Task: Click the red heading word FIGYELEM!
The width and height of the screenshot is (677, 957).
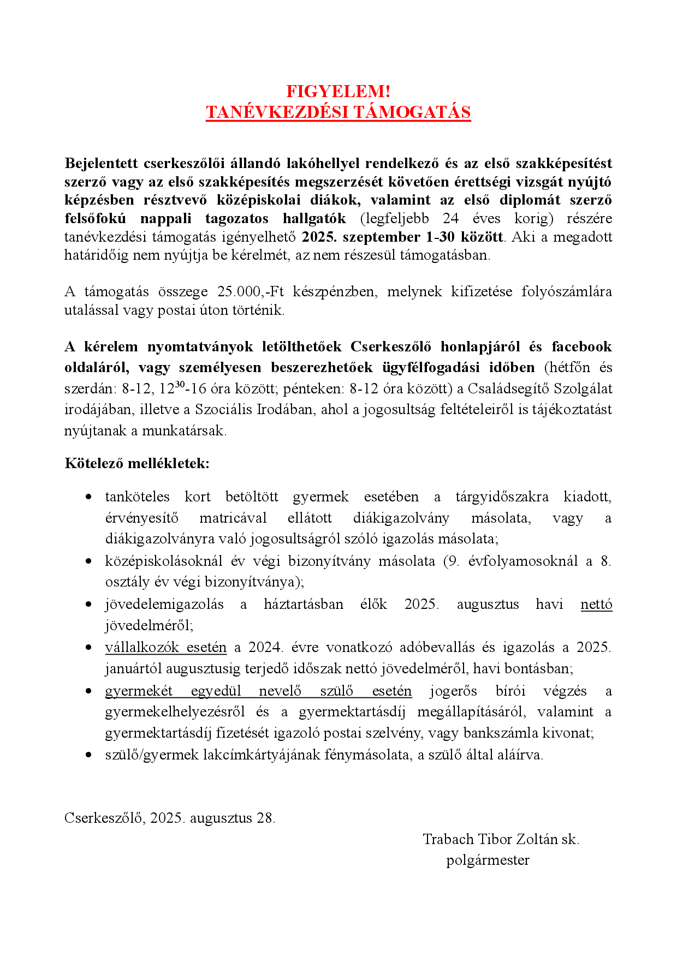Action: [x=338, y=91]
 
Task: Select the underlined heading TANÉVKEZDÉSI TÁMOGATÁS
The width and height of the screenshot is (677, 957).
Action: [x=338, y=112]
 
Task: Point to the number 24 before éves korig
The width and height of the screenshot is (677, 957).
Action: [x=450, y=218]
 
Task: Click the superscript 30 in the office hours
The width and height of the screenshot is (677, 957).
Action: [x=180, y=384]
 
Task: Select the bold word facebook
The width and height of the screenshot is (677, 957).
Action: [x=581, y=346]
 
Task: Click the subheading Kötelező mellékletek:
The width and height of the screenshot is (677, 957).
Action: [x=137, y=464]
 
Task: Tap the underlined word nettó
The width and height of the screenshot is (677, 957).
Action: [x=596, y=604]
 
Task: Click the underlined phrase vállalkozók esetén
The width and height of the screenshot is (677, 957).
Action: [x=165, y=647]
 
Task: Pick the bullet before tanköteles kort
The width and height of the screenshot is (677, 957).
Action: [x=89, y=497]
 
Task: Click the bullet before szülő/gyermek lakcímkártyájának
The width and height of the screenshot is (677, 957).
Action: [x=89, y=755]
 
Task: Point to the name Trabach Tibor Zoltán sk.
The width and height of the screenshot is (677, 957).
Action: [x=501, y=839]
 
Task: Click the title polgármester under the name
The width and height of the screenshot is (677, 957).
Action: [x=488, y=860]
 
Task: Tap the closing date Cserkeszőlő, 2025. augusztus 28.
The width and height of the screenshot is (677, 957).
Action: [x=170, y=818]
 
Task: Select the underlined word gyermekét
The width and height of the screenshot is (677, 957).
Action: [x=139, y=691]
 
